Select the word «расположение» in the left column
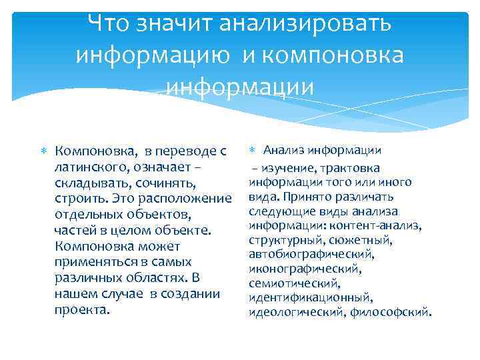click(191, 199)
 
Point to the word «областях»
click(152, 278)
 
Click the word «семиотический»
click(287, 284)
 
